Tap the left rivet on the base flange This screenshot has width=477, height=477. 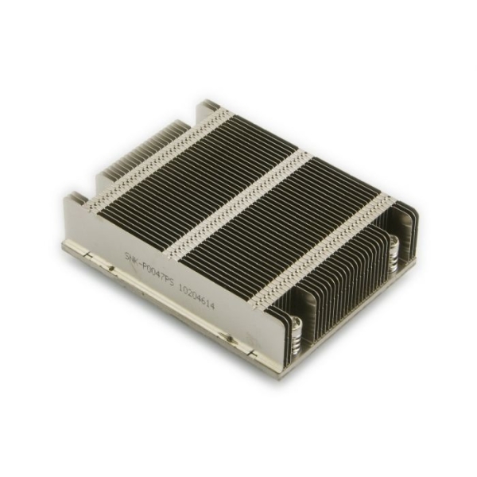coord(111,268)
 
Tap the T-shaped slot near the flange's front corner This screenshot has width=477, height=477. coord(253,351)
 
